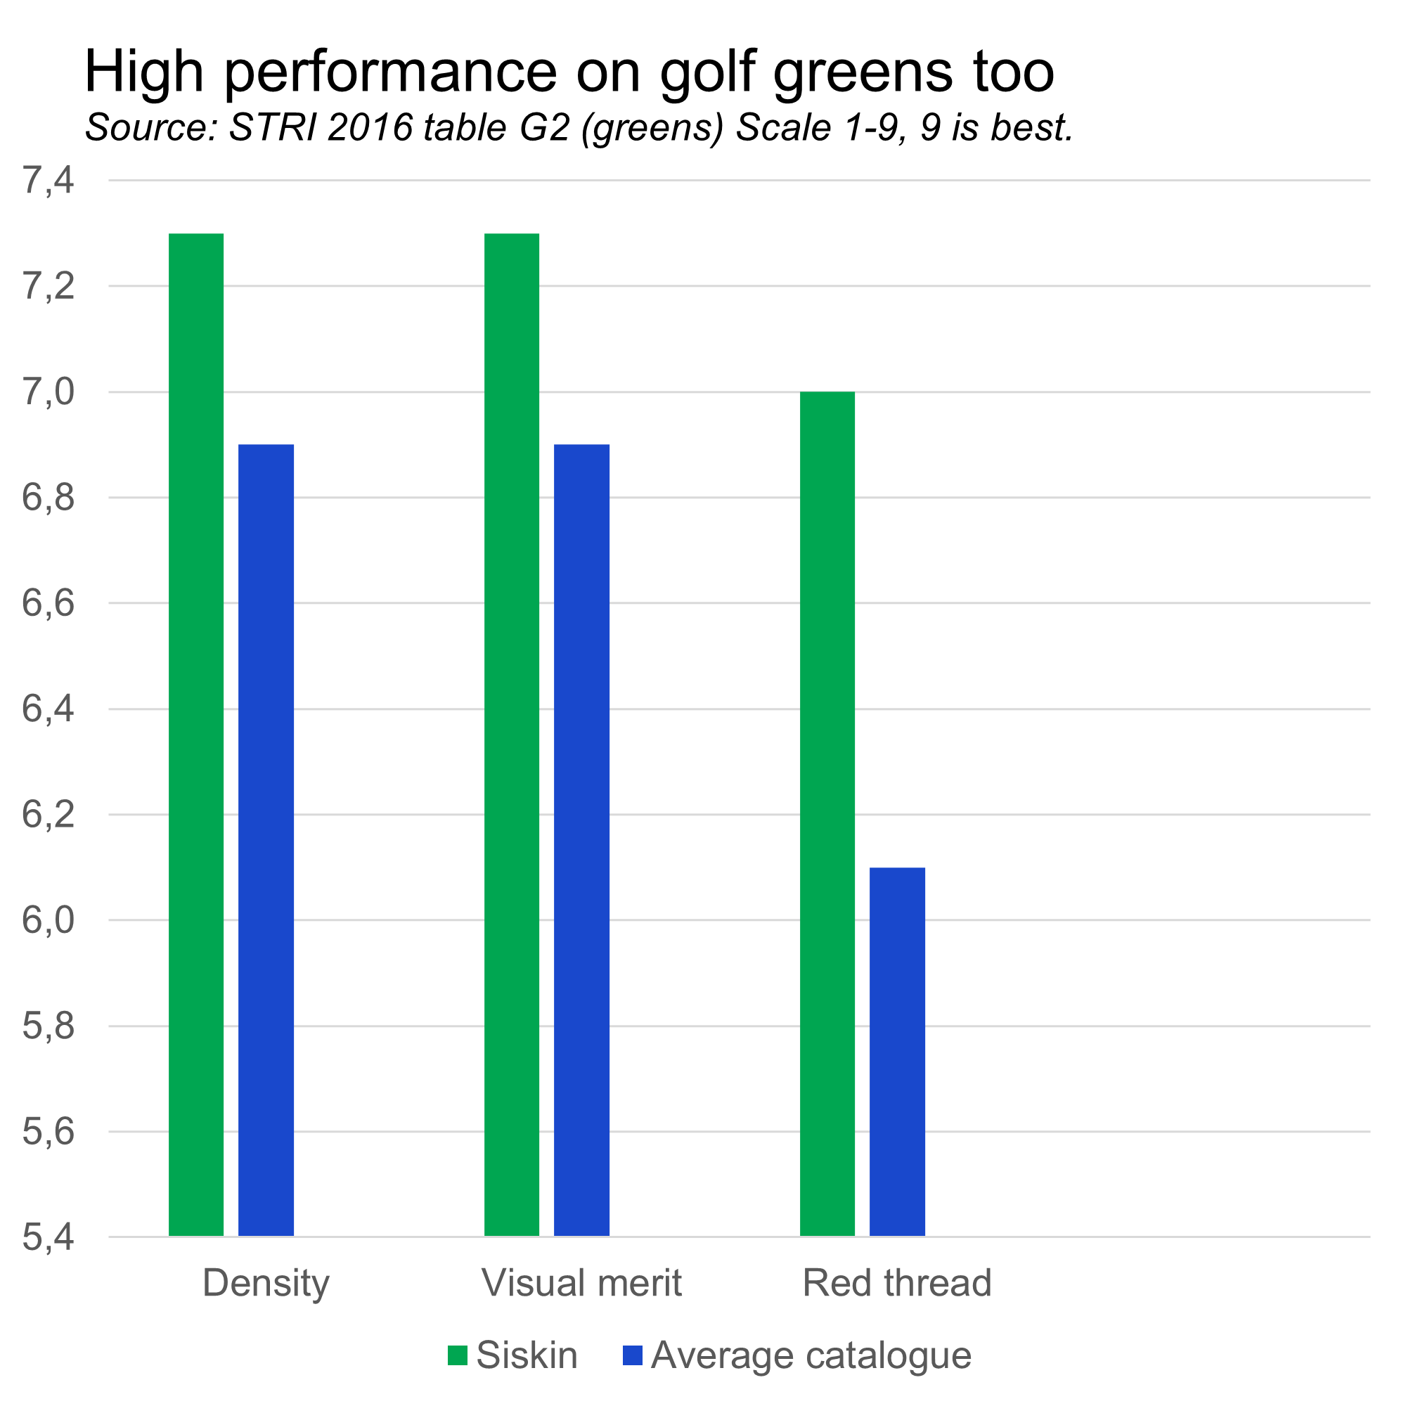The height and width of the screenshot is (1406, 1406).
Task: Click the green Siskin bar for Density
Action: tap(197, 735)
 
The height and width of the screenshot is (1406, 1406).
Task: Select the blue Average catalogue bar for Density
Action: tap(266, 841)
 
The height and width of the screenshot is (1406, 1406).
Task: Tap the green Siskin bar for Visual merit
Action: tap(512, 735)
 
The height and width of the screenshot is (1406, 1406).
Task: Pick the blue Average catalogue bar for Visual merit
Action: tap(581, 841)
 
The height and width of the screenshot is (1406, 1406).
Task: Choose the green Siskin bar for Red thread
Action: tap(827, 813)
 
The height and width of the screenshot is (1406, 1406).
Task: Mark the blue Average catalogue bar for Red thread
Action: tap(897, 1052)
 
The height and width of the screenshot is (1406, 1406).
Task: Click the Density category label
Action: tap(266, 1283)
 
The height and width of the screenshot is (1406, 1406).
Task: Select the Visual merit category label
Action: tap(581, 1283)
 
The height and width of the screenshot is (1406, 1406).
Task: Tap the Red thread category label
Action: tap(896, 1283)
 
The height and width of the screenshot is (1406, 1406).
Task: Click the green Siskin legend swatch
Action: tap(457, 1356)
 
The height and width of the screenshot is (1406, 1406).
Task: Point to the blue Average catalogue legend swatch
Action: tap(633, 1356)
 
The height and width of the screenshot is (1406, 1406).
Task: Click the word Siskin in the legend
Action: tap(527, 1356)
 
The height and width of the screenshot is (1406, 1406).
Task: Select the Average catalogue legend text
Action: tap(811, 1356)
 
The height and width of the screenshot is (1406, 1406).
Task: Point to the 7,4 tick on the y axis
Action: tap(48, 181)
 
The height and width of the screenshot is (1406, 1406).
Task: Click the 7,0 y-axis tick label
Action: tap(48, 392)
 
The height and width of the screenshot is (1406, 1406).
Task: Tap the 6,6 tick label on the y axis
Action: tap(48, 603)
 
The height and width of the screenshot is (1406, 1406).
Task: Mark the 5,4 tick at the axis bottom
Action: tap(48, 1237)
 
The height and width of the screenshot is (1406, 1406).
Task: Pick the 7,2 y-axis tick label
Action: tap(48, 286)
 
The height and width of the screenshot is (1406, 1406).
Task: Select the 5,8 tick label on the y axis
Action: tap(48, 1026)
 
